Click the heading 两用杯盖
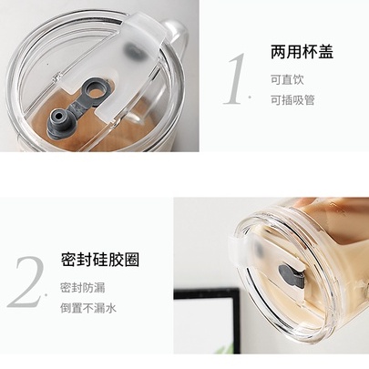coord(302,52)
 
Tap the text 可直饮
coord(287,80)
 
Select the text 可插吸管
coord(292,100)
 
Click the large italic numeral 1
coord(235,79)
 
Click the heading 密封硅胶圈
coord(100,260)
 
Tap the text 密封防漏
coord(83,288)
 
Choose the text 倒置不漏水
coord(88,308)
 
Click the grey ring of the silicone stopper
coord(96,90)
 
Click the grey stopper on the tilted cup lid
coord(292,276)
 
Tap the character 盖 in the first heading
coord(325,52)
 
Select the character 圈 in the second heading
coord(132,260)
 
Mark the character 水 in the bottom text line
coord(111,308)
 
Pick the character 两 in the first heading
coord(278,52)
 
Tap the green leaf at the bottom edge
coord(225,349)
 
